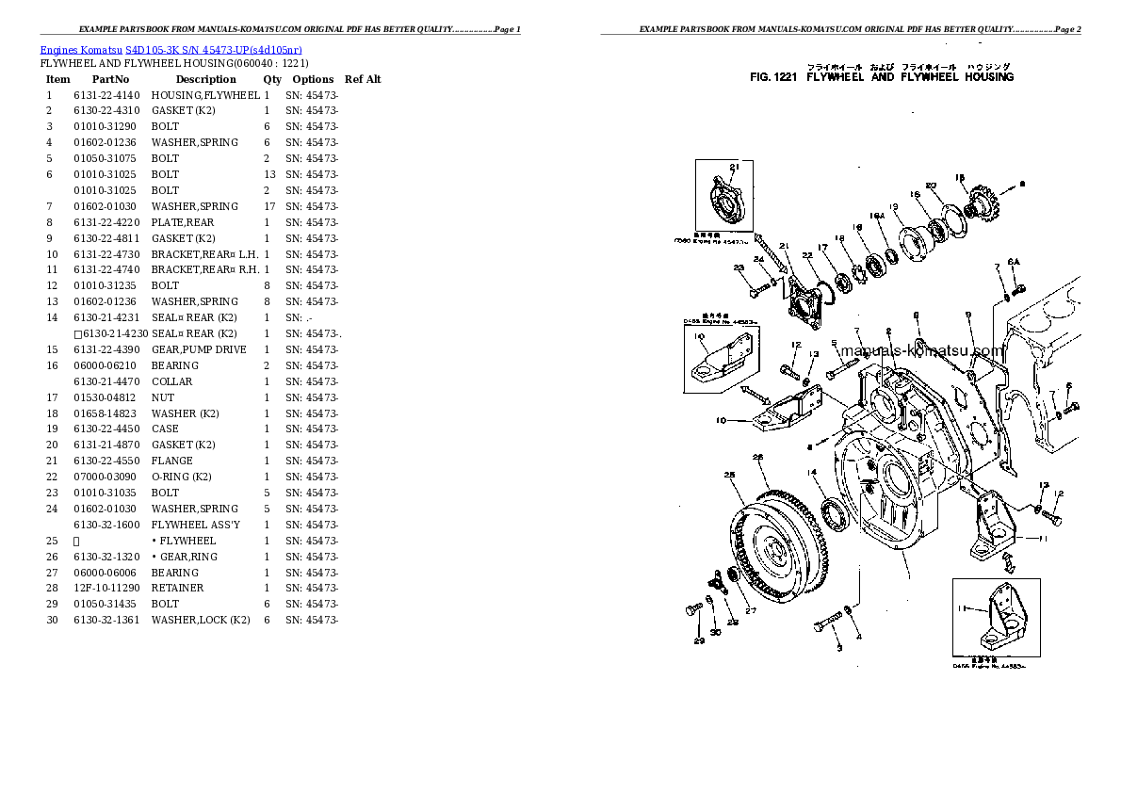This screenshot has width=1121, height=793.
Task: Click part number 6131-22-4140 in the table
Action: pos(106,95)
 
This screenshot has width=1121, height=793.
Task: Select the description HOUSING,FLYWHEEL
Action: pos(205,95)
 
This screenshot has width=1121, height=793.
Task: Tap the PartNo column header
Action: pos(110,79)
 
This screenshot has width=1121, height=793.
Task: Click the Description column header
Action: pos(205,79)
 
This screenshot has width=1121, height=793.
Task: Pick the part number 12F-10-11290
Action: pos(106,588)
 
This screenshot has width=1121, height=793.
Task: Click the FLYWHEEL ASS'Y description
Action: pos(195,525)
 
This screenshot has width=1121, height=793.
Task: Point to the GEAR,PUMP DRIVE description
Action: pos(199,349)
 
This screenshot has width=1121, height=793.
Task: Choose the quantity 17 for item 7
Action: pos(268,206)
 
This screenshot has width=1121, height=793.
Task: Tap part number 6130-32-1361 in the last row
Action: pos(106,620)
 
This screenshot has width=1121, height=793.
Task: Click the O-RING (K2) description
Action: pos(181,477)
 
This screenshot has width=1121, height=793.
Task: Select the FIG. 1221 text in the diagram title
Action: pos(774,77)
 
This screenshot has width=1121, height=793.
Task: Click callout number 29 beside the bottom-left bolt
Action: pos(699,641)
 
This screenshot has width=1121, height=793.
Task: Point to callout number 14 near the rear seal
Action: pos(810,472)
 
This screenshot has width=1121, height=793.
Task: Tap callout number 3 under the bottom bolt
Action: pos(838,648)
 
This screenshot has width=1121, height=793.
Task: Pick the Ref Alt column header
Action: pos(363,79)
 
